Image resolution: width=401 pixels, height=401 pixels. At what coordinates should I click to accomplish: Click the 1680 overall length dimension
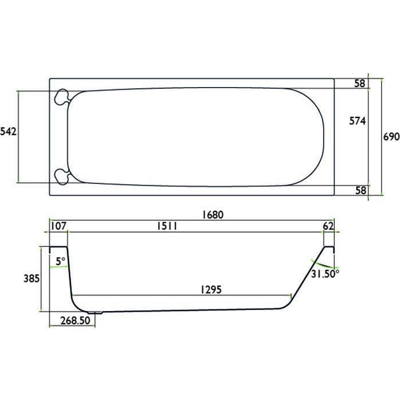tap(211, 215)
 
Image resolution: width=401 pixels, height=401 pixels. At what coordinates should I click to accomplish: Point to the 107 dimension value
tap(58, 226)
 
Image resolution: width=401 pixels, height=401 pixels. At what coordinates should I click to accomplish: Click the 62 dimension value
tap(328, 226)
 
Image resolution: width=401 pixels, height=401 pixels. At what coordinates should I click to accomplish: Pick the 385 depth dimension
tap(31, 279)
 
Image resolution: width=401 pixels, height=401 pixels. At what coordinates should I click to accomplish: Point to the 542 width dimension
tap(9, 132)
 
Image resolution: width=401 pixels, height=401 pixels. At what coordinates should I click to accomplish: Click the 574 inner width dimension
tap(357, 120)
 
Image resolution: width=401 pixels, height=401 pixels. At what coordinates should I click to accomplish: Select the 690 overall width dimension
tap(390, 137)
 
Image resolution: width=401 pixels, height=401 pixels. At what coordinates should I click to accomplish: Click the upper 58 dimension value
tap(360, 84)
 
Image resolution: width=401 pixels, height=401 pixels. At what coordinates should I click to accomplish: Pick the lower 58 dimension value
tap(360, 191)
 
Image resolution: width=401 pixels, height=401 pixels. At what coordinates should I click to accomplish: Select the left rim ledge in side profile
tap(58, 247)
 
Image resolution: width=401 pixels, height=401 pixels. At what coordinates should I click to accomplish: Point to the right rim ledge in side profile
tap(329, 247)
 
